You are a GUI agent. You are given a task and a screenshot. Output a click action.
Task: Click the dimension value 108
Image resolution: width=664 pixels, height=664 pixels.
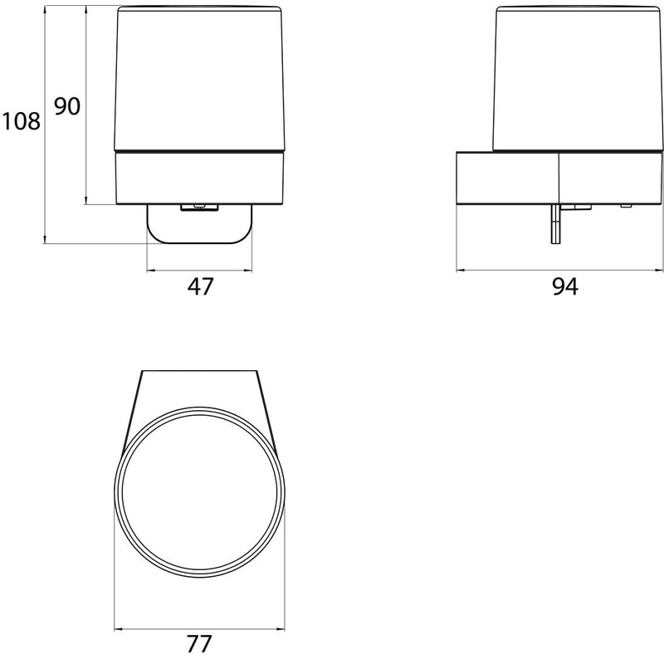tap(21, 121)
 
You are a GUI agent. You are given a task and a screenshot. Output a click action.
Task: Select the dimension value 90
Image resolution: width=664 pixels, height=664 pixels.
tap(67, 106)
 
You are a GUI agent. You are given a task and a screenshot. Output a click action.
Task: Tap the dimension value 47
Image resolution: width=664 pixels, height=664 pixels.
tap(200, 286)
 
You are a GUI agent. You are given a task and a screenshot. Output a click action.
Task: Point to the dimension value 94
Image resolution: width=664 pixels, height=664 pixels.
tap(565, 286)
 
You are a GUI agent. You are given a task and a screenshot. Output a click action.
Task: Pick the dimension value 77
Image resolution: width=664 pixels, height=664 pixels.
tap(199, 644)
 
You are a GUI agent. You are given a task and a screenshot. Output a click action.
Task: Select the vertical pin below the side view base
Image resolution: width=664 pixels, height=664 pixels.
tap(555, 223)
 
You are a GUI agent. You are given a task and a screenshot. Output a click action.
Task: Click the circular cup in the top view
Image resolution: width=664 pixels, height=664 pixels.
tap(199, 491)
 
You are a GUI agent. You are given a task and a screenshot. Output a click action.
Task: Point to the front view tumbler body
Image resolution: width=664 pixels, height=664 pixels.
tap(199, 78)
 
